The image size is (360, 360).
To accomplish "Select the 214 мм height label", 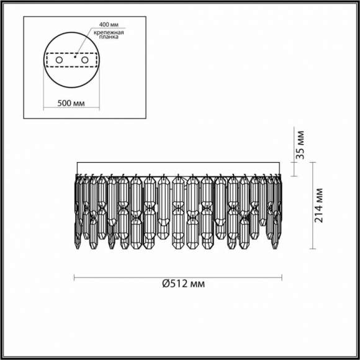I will [319, 205].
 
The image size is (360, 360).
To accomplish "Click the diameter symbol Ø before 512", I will [166, 284].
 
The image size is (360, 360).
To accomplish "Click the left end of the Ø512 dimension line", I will [74, 276].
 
